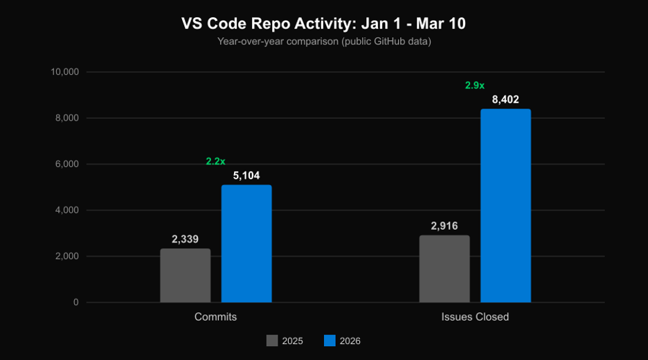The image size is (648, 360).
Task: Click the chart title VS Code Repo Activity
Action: click(323, 24)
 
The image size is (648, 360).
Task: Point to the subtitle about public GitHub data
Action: click(323, 42)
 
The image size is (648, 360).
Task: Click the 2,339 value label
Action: click(185, 240)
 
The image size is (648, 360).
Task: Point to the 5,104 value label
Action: click(246, 176)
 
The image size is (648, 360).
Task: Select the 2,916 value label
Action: click(444, 226)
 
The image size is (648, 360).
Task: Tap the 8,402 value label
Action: click(505, 100)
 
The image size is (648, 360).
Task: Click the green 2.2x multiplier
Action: click(215, 161)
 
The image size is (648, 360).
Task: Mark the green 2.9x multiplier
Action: click(474, 85)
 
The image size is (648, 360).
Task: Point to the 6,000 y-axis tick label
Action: click(67, 164)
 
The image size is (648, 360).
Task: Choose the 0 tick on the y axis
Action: click(75, 303)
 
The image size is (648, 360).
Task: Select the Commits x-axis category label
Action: click(215, 317)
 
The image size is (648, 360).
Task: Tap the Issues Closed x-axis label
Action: click(475, 317)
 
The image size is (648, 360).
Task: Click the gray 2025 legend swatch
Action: click(272, 341)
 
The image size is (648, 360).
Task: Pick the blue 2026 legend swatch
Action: click(330, 341)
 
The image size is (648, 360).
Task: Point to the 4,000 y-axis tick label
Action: click(67, 210)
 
